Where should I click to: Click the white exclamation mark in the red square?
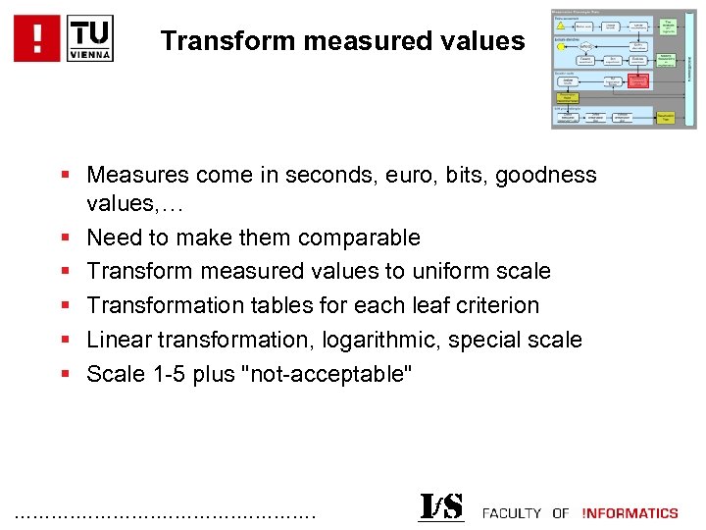[x=38, y=39]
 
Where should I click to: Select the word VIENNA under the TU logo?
[x=91, y=54]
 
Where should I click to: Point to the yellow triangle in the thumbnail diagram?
[x=562, y=26]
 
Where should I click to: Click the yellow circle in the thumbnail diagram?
[x=560, y=45]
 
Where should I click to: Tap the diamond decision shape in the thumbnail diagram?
[x=586, y=46]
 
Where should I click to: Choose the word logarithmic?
[x=363, y=340]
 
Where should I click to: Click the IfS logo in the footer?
[x=441, y=507]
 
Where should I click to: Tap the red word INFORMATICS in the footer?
[x=630, y=512]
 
